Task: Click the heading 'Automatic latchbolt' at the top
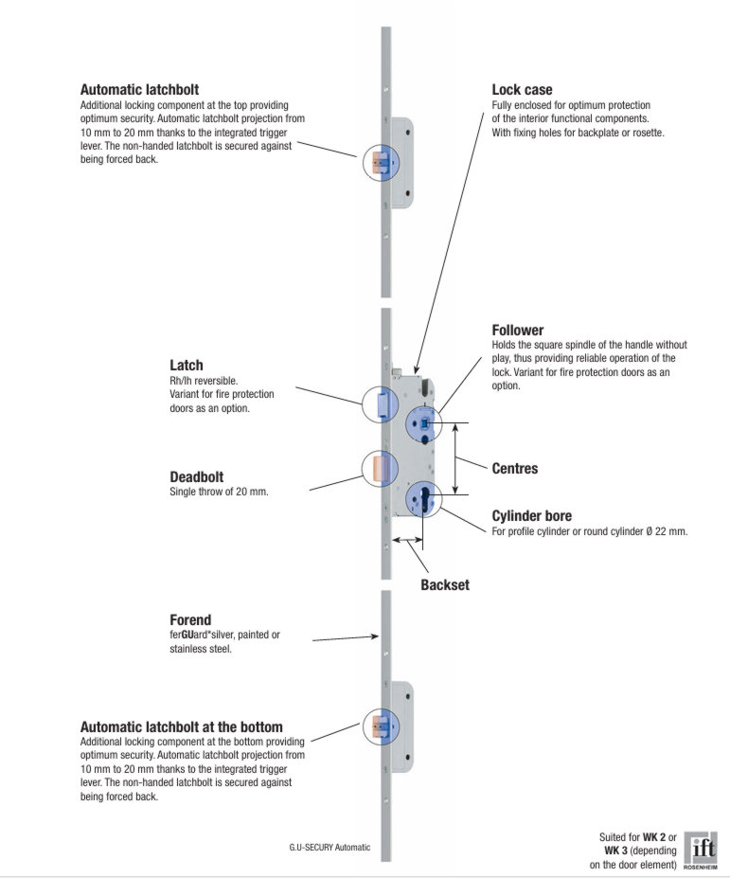point(139,90)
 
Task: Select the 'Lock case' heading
point(522,90)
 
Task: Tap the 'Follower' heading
point(518,331)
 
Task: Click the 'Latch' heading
point(187,366)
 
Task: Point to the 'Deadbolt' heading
point(197,477)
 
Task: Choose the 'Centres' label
point(515,469)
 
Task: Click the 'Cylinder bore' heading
point(532,516)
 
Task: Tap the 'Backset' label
point(445,585)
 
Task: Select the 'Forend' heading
point(190,620)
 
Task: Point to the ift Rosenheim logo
point(702,850)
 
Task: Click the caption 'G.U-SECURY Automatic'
point(329,847)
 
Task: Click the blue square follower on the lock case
point(424,421)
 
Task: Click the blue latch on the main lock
point(377,405)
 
